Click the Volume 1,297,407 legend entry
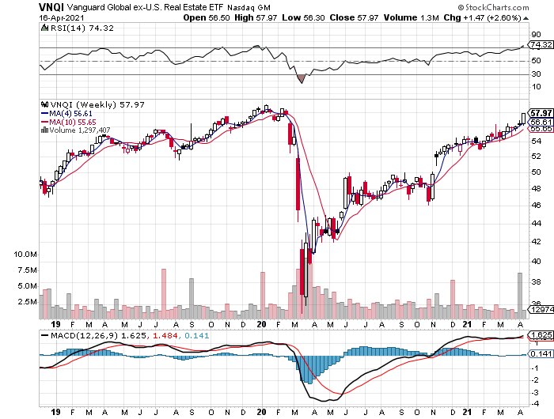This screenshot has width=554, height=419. (79, 130)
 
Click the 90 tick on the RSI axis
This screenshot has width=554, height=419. (536, 35)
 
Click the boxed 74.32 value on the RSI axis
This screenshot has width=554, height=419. (541, 47)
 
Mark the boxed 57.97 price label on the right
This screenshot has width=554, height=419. (541, 113)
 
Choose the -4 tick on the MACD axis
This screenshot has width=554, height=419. (536, 402)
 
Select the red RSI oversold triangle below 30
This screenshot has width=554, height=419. (302, 78)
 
